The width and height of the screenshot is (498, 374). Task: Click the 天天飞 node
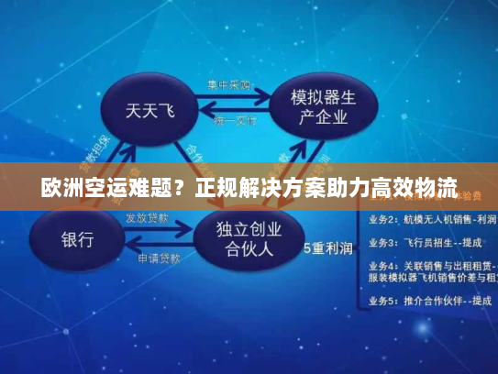coord(149,112)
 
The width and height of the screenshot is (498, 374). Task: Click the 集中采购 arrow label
coord(228,84)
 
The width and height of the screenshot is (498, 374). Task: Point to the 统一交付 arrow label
coord(234,121)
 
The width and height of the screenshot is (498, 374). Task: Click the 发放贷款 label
coord(147,219)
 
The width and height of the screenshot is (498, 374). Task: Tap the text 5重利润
coord(328,247)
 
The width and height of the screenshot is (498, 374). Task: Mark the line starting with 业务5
coord(426,301)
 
